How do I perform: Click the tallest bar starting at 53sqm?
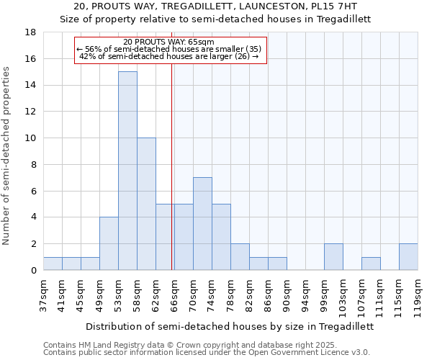click(127, 171)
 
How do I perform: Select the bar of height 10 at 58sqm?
click(146, 204)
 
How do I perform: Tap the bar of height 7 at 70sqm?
click(202, 223)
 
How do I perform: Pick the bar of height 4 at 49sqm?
click(109, 243)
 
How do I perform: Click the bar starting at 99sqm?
click(333, 257)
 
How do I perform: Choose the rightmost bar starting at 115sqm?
click(408, 257)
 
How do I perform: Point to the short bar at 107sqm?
click(371, 264)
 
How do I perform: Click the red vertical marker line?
click(172, 166)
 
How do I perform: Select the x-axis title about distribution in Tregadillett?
click(230, 326)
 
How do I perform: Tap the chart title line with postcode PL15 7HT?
click(215, 6)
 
